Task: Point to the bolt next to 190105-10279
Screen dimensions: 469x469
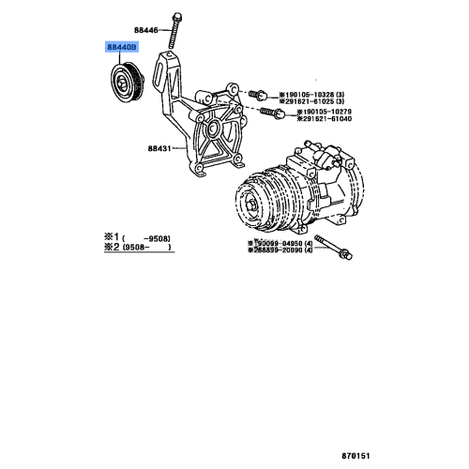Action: pyautogui.click(x=274, y=113)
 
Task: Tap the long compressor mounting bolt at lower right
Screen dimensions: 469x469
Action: pyautogui.click(x=334, y=247)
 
